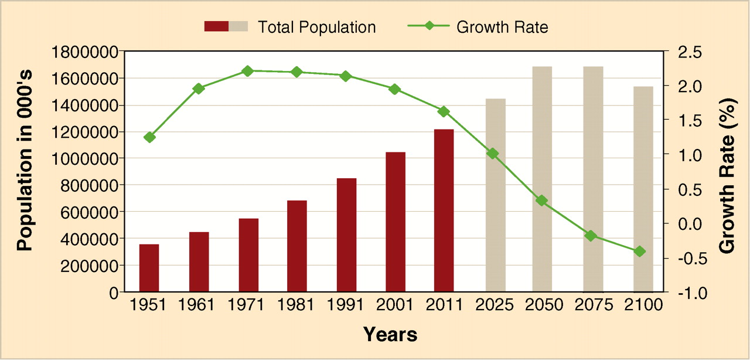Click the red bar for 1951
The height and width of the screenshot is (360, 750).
coord(149,267)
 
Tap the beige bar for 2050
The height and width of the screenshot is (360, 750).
coord(542,179)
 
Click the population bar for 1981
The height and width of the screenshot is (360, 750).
coord(296,246)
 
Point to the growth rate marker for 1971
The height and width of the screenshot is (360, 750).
coord(247,71)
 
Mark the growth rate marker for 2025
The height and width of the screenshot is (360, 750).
coord(493,154)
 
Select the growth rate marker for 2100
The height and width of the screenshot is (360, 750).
coord(640,252)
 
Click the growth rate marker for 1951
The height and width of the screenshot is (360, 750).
coord(149,137)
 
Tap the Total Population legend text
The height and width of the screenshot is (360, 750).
coord(316,27)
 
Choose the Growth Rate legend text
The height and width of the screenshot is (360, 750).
coord(502,27)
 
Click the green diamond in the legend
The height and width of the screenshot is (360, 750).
coord(428,26)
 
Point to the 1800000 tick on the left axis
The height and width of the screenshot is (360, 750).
coord(85,52)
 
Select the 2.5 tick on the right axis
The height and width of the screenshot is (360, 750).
coord(684,52)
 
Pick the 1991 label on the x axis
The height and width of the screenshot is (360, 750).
coord(346,305)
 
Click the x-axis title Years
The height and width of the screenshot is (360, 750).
coord(390,334)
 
